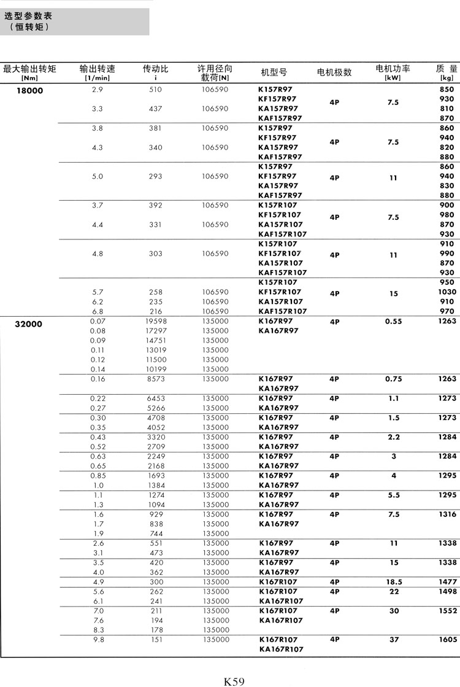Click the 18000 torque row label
tap(29, 90)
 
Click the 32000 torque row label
tap(29, 324)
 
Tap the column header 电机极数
tap(334, 72)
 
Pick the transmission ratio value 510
tap(156, 90)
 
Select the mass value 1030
tap(447, 292)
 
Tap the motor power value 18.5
tap(394, 581)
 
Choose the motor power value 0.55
tap(394, 321)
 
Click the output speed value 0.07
tap(98, 321)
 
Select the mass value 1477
tap(448, 581)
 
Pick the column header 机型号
tap(274, 72)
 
